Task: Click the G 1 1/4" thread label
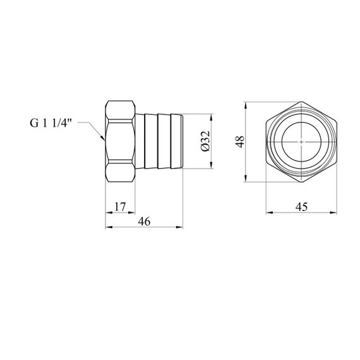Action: pos(51,123)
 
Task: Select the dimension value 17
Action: pos(120,207)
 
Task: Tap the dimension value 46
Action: pos(144,221)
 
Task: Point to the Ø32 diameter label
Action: pos(205,141)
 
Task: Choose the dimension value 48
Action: pos(240,141)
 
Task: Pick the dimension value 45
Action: pos(301,207)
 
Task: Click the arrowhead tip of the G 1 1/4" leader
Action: pos(104,140)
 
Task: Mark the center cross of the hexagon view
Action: pos(301,142)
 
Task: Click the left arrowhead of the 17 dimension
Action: pos(105,213)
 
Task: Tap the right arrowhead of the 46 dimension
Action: pos(183,227)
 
